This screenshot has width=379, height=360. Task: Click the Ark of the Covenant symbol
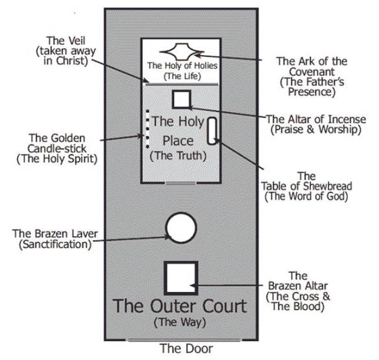pyautogui.click(x=182, y=51)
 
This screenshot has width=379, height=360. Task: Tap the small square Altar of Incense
pyautogui.click(x=181, y=99)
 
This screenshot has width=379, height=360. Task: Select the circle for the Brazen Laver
pyautogui.click(x=181, y=228)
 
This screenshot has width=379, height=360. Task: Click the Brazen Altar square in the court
pyautogui.click(x=181, y=278)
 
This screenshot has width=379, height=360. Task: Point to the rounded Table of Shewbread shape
pyautogui.click(x=212, y=130)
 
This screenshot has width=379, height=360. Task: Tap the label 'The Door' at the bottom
pyautogui.click(x=186, y=348)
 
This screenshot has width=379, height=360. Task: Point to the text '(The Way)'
pyautogui.click(x=180, y=322)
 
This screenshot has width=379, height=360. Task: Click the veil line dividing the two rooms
pyautogui.click(x=181, y=84)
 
